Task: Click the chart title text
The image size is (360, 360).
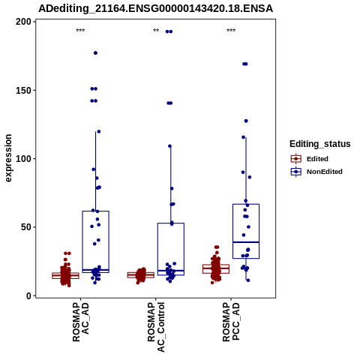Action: point(155,8)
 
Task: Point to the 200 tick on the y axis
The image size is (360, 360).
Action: point(23,22)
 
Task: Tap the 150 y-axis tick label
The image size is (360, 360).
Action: point(23,90)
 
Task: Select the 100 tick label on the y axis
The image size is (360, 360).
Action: point(23,159)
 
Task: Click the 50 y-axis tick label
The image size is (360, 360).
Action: point(26,227)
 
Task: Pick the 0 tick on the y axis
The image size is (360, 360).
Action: point(29,295)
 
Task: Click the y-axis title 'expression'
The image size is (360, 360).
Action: point(8,158)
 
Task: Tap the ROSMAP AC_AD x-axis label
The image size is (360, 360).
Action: point(80,322)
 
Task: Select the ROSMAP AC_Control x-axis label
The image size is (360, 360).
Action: point(156,327)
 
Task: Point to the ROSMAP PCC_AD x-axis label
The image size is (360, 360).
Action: point(231,322)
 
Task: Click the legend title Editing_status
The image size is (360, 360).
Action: point(320,144)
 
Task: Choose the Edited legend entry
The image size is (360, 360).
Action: point(309,159)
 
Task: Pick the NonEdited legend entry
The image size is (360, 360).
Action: point(316,172)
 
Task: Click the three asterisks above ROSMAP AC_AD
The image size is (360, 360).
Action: point(80,31)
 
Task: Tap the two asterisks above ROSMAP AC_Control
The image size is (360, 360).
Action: point(156,31)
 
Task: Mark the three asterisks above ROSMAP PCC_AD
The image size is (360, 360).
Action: point(231,31)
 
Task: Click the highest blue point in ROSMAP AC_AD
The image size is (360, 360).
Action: point(95,53)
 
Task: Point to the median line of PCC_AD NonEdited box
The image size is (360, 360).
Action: point(246,242)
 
